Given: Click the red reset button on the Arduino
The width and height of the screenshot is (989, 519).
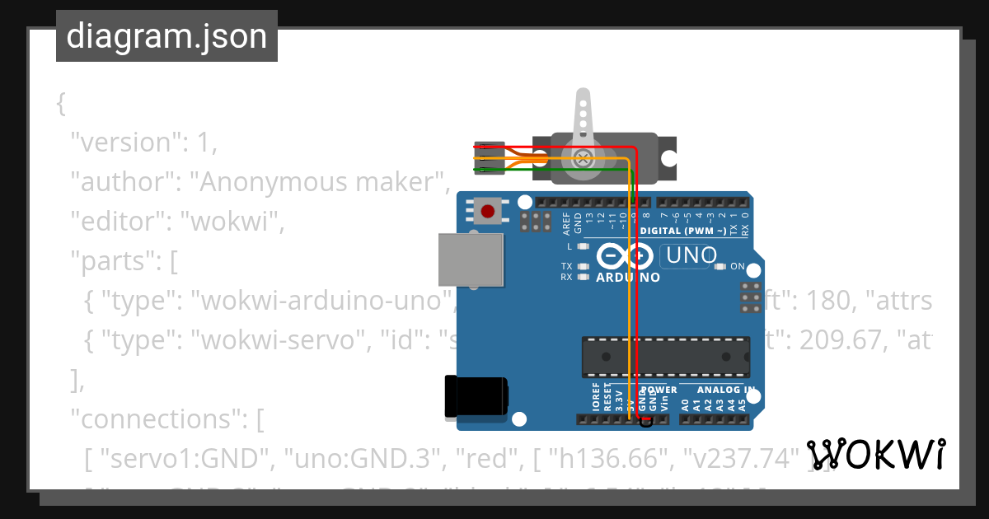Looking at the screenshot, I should [x=488, y=211].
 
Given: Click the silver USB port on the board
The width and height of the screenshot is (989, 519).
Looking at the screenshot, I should [x=471, y=259].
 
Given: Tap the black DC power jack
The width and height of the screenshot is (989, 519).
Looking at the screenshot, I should [x=476, y=396].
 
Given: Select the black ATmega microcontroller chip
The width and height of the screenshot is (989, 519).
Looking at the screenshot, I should [x=666, y=355].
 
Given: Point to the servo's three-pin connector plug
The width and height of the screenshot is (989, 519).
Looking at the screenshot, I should [x=489, y=159].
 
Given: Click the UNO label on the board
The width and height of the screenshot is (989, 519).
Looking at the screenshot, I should [x=691, y=255].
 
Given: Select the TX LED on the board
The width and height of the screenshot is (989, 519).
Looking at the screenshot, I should [x=584, y=266].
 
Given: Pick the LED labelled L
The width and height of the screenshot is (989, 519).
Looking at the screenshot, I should [x=584, y=246].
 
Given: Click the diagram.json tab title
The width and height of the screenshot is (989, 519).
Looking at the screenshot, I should [x=166, y=37].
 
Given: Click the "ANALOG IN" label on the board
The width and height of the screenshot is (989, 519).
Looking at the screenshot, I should [x=725, y=390].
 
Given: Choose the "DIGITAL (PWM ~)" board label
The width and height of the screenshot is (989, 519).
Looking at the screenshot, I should [x=683, y=231].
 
